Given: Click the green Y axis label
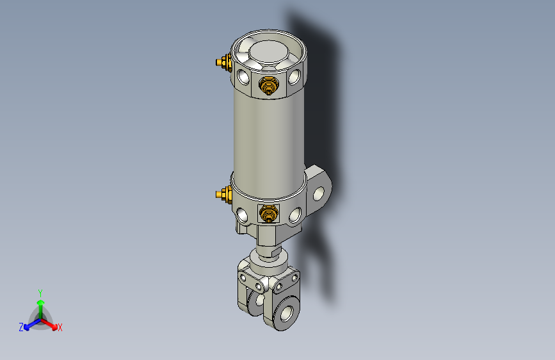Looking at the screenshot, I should pyautogui.click(x=40, y=292).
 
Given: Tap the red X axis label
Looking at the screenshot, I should pyautogui.click(x=60, y=327).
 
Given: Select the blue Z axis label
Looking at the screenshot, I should pyautogui.click(x=21, y=327).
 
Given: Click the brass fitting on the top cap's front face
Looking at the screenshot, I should pyautogui.click(x=268, y=85).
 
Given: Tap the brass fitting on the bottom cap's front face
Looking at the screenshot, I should pyautogui.click(x=268, y=213).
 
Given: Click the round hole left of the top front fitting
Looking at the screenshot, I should pyautogui.click(x=244, y=78).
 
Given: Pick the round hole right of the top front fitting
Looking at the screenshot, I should pyautogui.click(x=294, y=78).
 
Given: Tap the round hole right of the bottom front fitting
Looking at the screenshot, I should pyautogui.click(x=294, y=215).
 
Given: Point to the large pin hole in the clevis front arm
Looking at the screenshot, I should pyautogui.click(x=284, y=314).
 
